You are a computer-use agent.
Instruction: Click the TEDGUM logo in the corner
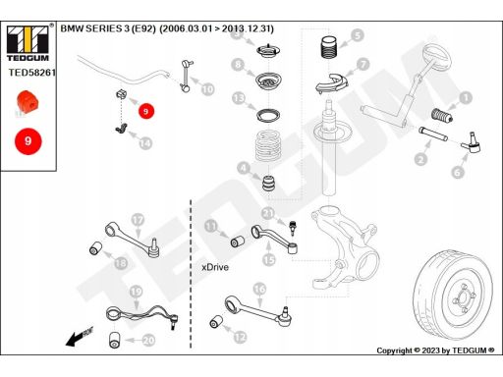coord(28,43)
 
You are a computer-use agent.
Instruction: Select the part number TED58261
coord(31,73)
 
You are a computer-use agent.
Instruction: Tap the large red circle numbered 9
coord(28,141)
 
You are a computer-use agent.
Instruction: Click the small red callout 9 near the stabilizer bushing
coord(145,111)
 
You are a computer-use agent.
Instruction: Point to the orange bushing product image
coord(28,102)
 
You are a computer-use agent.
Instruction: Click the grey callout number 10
coord(207,89)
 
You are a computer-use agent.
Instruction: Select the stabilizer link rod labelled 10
coord(187,76)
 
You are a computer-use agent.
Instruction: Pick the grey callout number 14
coord(145,143)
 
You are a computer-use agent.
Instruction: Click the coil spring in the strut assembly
coord(269,145)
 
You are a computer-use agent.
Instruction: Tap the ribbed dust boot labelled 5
coord(328,47)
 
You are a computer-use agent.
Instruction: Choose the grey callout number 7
coord(363,65)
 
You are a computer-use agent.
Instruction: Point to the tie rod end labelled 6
coord(471,143)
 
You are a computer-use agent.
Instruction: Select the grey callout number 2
coord(420,159)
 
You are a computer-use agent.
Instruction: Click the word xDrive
coord(215,267)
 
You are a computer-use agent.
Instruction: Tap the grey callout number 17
coord(138,220)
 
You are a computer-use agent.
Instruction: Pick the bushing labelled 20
coord(115,340)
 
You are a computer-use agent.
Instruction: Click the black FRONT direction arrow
coord(79,337)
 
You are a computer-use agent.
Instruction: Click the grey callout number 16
coord(259,289)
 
